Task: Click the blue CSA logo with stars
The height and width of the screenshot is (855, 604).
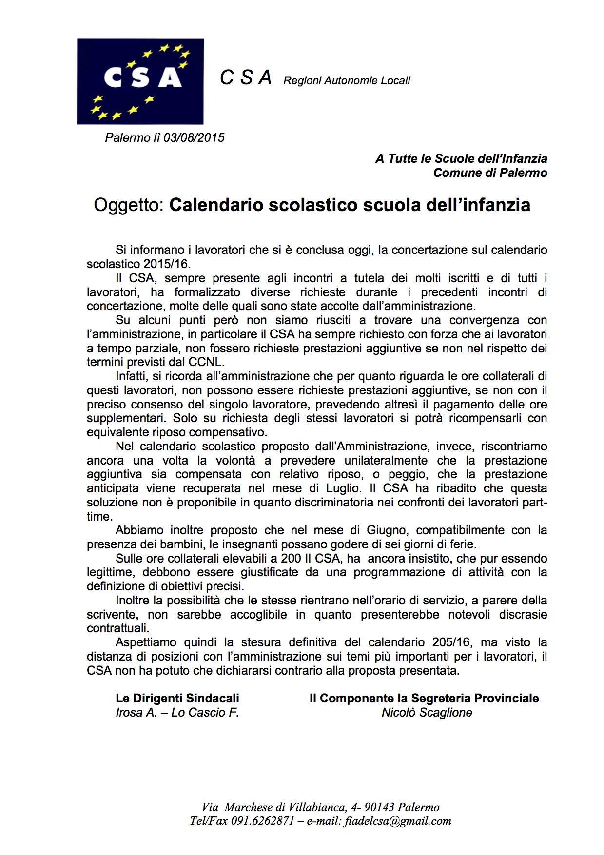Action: coord(140,81)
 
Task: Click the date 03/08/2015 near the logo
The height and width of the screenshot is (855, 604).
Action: coord(194,138)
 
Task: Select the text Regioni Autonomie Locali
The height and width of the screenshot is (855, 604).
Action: coord(347,81)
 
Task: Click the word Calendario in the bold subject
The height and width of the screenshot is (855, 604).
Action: coord(216,205)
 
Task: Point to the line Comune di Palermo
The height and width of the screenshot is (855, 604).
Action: coord(490,173)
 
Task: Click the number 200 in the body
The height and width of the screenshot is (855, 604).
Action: coord(291,559)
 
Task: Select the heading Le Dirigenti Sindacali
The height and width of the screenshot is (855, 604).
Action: coord(177,699)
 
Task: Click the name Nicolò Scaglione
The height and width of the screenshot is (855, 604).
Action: coord(427,713)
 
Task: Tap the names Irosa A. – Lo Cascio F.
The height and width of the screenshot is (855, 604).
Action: coord(177,713)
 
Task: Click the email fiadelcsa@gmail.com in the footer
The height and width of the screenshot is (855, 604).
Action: coord(398,821)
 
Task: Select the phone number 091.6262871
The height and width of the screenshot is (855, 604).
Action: coord(263,821)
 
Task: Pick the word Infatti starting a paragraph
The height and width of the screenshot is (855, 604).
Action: coord(131,376)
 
